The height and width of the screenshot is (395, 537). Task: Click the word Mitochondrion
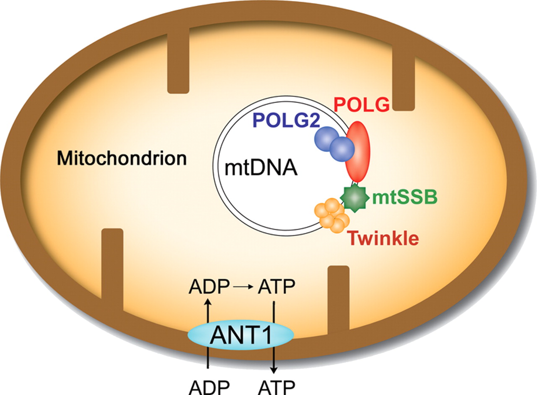click(122, 159)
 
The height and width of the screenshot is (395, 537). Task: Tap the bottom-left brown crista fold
click(112, 269)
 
